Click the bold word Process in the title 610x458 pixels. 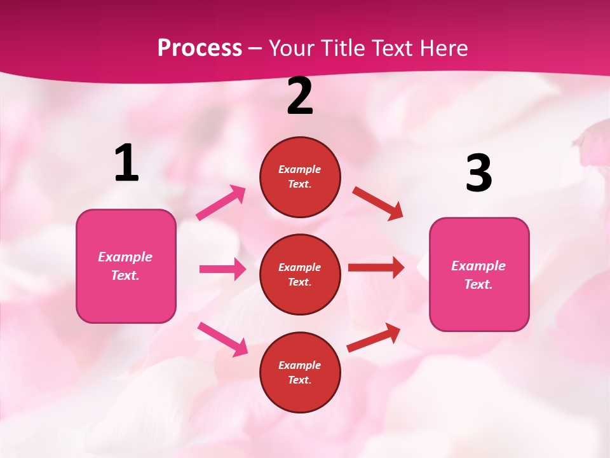click(x=200, y=48)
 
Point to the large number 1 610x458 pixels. click(x=126, y=163)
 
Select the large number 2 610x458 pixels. click(x=300, y=97)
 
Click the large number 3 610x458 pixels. click(x=478, y=173)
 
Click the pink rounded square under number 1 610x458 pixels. click(x=126, y=266)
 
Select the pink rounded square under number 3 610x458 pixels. click(x=479, y=275)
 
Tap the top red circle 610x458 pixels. click(x=300, y=177)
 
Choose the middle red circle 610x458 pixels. click(x=300, y=274)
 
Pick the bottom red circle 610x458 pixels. click(x=300, y=372)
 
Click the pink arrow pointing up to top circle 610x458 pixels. click(x=221, y=203)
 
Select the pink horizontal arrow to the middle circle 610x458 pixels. click(x=222, y=269)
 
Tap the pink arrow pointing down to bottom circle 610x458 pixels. click(x=222, y=339)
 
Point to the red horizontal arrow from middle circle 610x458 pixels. click(x=376, y=268)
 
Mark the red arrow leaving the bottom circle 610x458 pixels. click(x=374, y=337)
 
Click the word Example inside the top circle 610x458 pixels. click(x=300, y=170)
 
